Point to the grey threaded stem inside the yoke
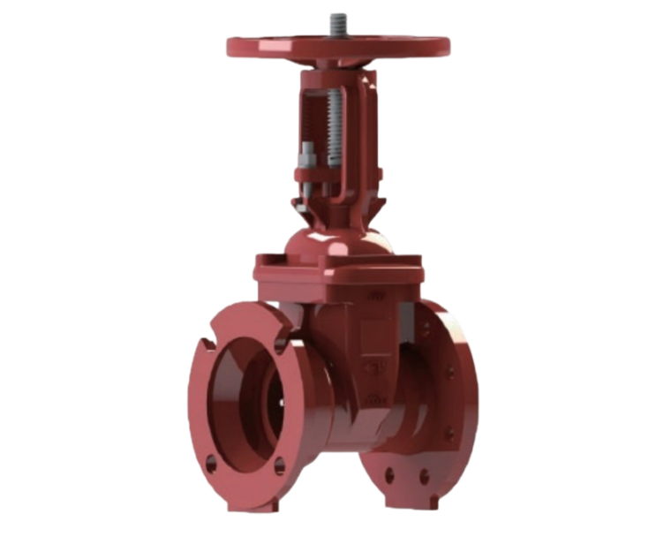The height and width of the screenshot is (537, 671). click(333, 124)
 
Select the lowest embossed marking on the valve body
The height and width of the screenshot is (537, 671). click(374, 400)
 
